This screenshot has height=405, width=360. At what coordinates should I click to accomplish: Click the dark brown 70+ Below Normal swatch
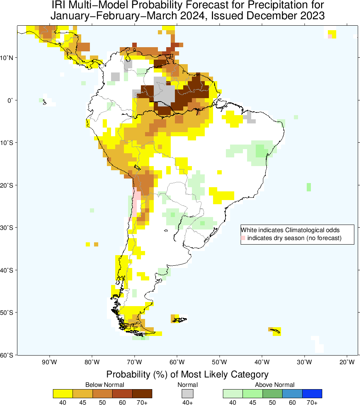pos(142,394)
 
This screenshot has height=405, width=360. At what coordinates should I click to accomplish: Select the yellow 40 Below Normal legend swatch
pos(63,394)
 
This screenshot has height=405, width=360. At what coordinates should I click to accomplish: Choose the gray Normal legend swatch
pos(187,394)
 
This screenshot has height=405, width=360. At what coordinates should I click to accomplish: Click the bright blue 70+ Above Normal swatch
pos(312,394)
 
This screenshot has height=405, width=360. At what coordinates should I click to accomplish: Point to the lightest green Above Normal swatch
pos(233,394)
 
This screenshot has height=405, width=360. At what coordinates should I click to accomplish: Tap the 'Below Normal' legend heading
pos(102,385)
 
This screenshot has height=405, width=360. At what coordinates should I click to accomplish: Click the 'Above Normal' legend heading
pos(272,385)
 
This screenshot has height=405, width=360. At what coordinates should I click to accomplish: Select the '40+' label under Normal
pos(187,402)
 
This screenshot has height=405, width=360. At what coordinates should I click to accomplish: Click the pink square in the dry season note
pos(243,238)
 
